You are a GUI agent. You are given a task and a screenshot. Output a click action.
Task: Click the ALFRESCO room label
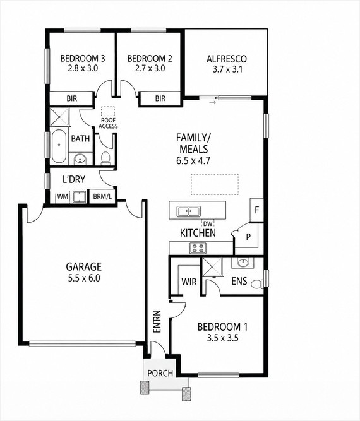227,59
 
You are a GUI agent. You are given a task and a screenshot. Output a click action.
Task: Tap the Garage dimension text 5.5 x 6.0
84,278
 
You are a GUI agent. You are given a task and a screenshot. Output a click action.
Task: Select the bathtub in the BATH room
59,146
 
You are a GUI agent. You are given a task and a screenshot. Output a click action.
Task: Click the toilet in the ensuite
258,284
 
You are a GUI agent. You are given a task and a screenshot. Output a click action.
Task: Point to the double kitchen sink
188,211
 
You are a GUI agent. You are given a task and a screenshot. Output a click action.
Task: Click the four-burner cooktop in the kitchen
198,248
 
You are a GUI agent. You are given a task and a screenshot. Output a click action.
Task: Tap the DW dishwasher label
207,223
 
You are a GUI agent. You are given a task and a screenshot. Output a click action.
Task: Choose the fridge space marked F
256,210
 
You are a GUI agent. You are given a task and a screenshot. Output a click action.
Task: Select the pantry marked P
248,237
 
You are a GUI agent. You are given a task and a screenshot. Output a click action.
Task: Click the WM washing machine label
63,196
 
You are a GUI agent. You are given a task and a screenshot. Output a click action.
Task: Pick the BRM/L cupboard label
102,196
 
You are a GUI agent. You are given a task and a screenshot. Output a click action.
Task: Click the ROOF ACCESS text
108,123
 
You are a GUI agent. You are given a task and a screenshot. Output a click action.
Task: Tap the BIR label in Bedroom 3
72,98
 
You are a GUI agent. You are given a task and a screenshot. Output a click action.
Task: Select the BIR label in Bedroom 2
160,98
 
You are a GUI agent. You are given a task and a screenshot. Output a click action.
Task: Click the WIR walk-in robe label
189,282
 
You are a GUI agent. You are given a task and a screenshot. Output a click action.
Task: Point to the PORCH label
160,373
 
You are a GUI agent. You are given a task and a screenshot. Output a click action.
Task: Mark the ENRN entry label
157,322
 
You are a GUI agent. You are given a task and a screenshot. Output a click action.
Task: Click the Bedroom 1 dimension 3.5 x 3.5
222,338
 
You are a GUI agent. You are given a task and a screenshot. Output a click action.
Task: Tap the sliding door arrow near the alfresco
212,102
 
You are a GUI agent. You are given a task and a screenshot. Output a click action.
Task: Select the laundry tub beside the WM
79,197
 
